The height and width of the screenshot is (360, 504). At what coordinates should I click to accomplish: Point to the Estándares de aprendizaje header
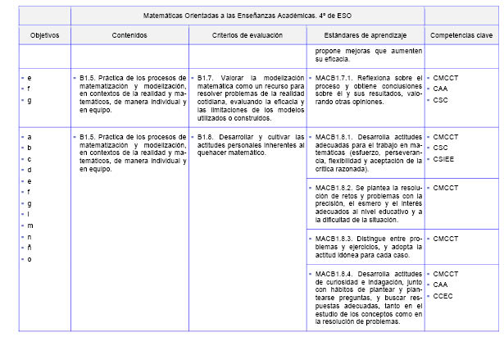point(365,36)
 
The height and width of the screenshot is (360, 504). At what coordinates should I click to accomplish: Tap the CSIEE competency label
point(446,159)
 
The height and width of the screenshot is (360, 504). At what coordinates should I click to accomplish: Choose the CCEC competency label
point(444,296)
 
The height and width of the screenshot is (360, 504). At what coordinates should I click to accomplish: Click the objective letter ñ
point(30,248)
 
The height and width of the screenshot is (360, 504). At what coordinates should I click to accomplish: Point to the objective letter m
point(30,225)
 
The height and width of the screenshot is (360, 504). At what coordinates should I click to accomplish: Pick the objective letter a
point(30,136)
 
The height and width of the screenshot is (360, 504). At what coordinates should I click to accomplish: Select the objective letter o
point(30,259)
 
